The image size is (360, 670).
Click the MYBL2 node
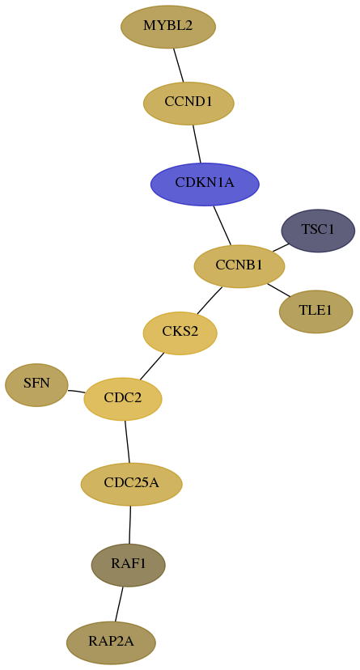[168, 27]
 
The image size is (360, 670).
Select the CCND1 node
[188, 103]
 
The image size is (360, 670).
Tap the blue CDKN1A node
[205, 184]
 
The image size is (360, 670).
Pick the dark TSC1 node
[318, 231]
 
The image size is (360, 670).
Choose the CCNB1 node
[239, 266]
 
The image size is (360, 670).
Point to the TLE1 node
[316, 312]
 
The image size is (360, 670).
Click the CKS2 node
[180, 333]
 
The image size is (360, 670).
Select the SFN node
[36, 384]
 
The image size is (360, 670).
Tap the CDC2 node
[123, 399]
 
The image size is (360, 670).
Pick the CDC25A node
[132, 484]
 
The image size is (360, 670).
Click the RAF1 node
[129, 565]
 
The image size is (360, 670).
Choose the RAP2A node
[111, 642]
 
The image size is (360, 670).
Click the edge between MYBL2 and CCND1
[179, 65]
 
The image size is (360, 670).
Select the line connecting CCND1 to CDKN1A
[197, 143]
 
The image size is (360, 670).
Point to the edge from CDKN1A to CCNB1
[222, 225]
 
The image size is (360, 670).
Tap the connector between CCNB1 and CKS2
[210, 300]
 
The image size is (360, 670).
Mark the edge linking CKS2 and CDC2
[151, 367]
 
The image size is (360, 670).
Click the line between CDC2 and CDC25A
[127, 442]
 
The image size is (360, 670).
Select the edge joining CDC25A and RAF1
[129, 524]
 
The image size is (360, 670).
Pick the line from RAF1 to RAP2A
[119, 604]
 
